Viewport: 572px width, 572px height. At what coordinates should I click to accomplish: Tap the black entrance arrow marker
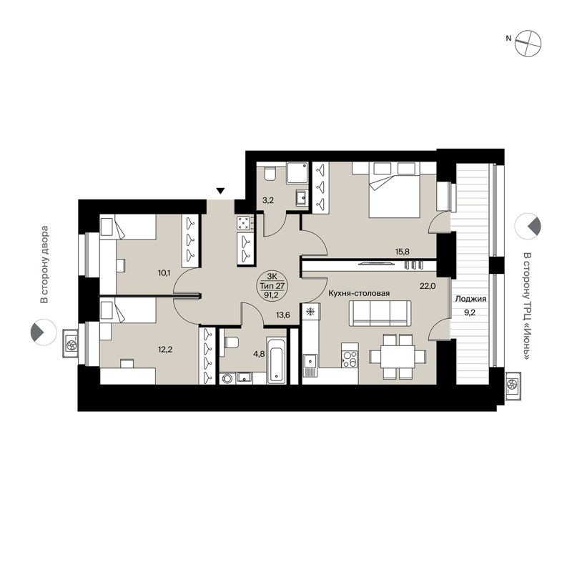click(x=221, y=191)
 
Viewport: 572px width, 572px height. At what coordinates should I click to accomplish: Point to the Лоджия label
click(x=470, y=300)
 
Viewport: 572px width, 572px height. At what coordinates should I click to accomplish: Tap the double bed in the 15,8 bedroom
click(x=395, y=189)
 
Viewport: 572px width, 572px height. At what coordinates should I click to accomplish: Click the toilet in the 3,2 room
click(x=270, y=174)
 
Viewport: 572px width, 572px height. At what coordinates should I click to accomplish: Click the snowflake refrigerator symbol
click(x=310, y=312)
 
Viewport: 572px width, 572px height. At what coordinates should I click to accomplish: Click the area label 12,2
click(x=167, y=350)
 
